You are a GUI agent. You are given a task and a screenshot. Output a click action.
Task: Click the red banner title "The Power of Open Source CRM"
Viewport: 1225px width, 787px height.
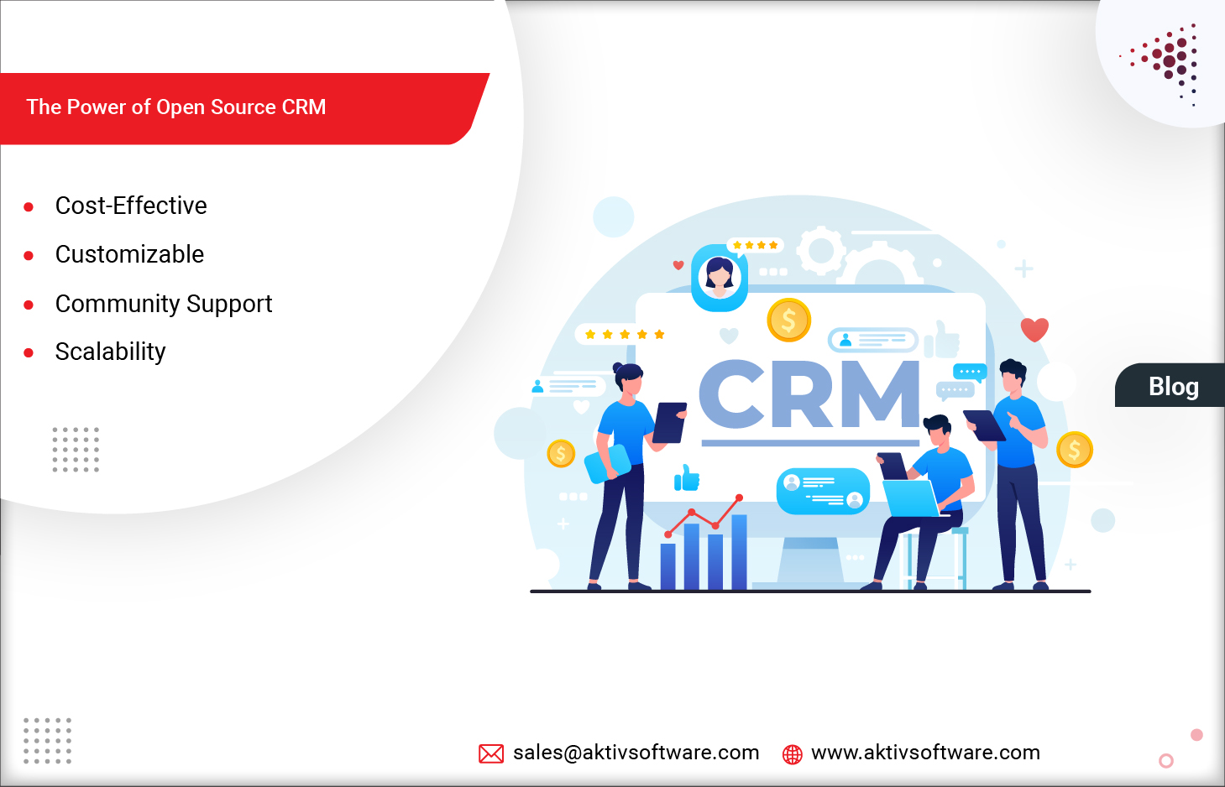coord(176,107)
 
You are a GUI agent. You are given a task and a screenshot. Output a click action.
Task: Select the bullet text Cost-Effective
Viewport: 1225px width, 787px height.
coord(131,206)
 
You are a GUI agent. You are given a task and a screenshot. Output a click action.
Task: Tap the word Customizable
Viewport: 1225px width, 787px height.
coord(129,254)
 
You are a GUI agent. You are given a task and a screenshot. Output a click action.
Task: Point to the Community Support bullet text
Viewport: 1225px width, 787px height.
coord(164,304)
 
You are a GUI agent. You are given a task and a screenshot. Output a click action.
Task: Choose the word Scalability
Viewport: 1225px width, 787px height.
coord(110,352)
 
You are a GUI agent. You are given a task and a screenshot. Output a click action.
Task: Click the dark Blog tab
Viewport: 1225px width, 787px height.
coord(1173,386)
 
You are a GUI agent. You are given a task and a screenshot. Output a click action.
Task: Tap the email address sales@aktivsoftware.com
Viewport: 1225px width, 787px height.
coord(636,753)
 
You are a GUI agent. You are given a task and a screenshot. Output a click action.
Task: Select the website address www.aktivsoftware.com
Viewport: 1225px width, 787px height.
coord(925,753)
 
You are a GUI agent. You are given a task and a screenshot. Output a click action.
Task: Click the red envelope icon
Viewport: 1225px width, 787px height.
coord(491,753)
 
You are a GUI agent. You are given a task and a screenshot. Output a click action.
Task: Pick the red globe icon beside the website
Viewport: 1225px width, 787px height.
coord(792,754)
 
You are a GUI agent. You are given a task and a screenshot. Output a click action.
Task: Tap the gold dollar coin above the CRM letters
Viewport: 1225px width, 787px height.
coord(788,320)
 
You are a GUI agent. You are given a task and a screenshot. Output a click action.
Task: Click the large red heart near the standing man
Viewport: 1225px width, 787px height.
coord(1034,329)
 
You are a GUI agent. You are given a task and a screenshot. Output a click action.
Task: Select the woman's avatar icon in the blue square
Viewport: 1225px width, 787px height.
coord(720,277)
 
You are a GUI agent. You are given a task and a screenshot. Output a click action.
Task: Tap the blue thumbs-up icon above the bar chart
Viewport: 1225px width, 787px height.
coord(687,478)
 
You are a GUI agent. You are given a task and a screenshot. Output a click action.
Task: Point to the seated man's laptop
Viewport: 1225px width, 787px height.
coord(910,498)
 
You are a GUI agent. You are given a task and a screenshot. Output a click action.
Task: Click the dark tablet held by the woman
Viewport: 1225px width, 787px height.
coord(669,422)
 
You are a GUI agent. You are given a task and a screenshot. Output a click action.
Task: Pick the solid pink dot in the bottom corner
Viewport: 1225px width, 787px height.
coord(1196,735)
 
